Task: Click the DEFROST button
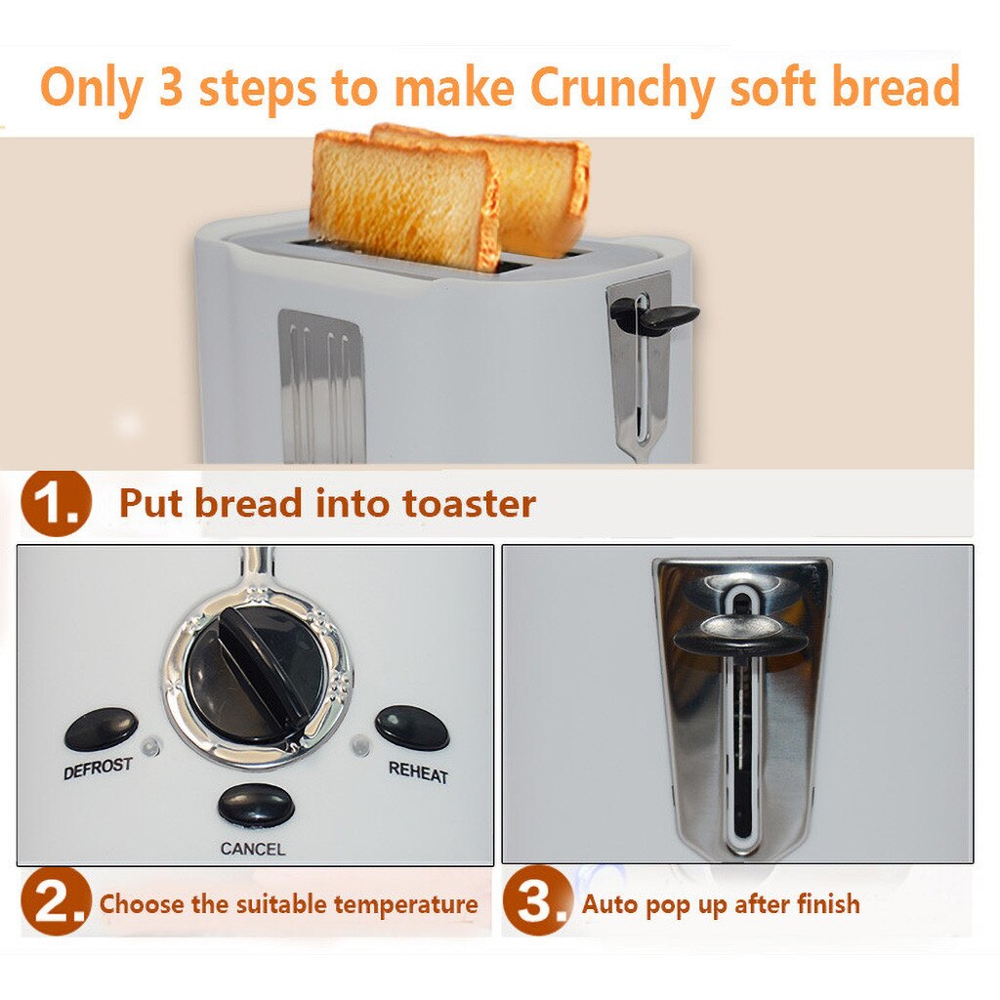(x=101, y=729)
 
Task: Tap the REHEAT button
(x=412, y=728)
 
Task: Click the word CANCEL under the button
(x=253, y=849)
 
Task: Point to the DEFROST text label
(x=98, y=768)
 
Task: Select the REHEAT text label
(x=418, y=771)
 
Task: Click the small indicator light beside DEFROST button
(x=148, y=748)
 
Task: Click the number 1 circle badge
(x=56, y=504)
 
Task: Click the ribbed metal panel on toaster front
(x=322, y=386)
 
